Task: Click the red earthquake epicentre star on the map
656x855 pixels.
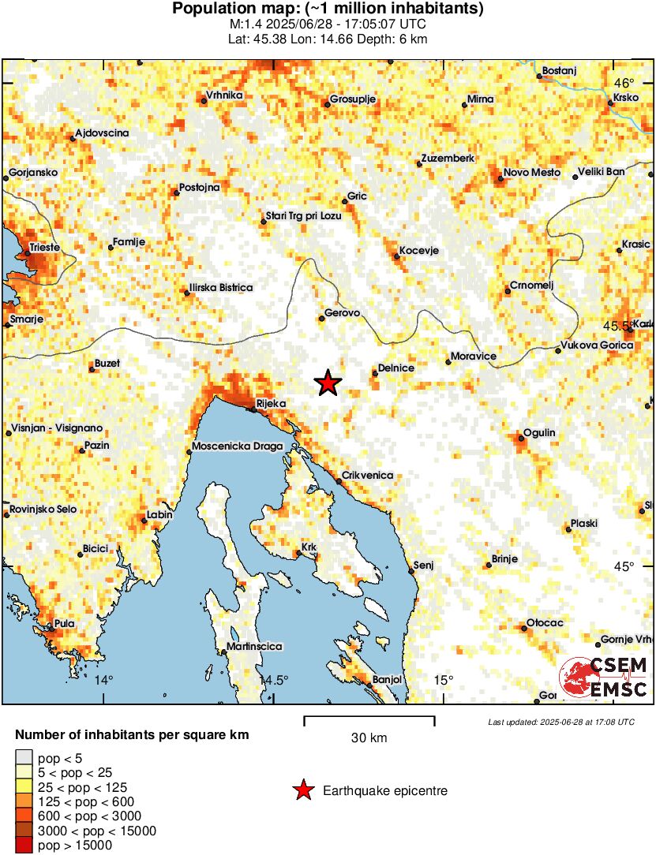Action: (327, 383)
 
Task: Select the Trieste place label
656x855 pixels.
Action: (45, 248)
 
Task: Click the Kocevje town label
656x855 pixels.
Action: (418, 251)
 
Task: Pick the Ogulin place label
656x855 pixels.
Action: (540, 433)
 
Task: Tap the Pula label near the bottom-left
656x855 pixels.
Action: (65, 623)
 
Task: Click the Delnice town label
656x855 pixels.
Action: (396, 368)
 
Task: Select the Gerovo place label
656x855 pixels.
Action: (343, 313)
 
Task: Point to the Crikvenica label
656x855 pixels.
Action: (367, 476)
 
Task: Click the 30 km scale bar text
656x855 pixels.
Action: (369, 738)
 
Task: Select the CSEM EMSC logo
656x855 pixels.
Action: (604, 678)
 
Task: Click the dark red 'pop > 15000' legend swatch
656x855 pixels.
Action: (24, 846)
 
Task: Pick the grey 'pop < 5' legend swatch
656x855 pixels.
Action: (24, 759)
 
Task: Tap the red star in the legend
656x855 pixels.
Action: (302, 790)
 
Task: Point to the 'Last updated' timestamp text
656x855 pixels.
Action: (560, 722)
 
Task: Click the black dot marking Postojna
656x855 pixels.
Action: (177, 192)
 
